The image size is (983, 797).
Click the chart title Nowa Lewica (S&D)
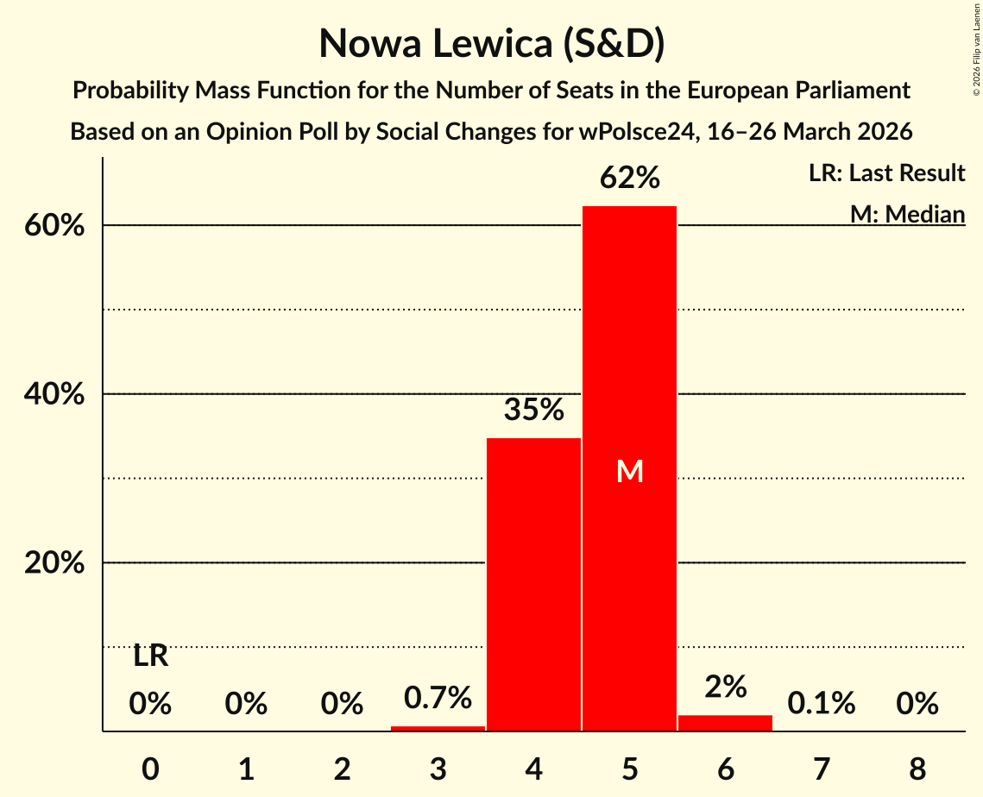point(491,43)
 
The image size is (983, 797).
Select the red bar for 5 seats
point(629,518)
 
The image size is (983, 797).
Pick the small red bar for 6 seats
point(725,723)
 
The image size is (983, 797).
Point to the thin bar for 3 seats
point(438,728)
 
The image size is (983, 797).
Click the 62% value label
point(629,179)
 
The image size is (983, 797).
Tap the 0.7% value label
point(438,697)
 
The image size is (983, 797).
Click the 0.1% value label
point(821,704)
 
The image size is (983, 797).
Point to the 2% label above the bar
point(725,687)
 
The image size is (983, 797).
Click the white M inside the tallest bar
point(629,471)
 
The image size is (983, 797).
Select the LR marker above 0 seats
point(151,656)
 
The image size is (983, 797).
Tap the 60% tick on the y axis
point(58,226)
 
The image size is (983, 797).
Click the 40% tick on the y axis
point(58,394)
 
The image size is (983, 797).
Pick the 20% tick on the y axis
point(58,563)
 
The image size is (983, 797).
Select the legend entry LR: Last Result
point(886,173)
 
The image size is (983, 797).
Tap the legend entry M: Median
point(907,214)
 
